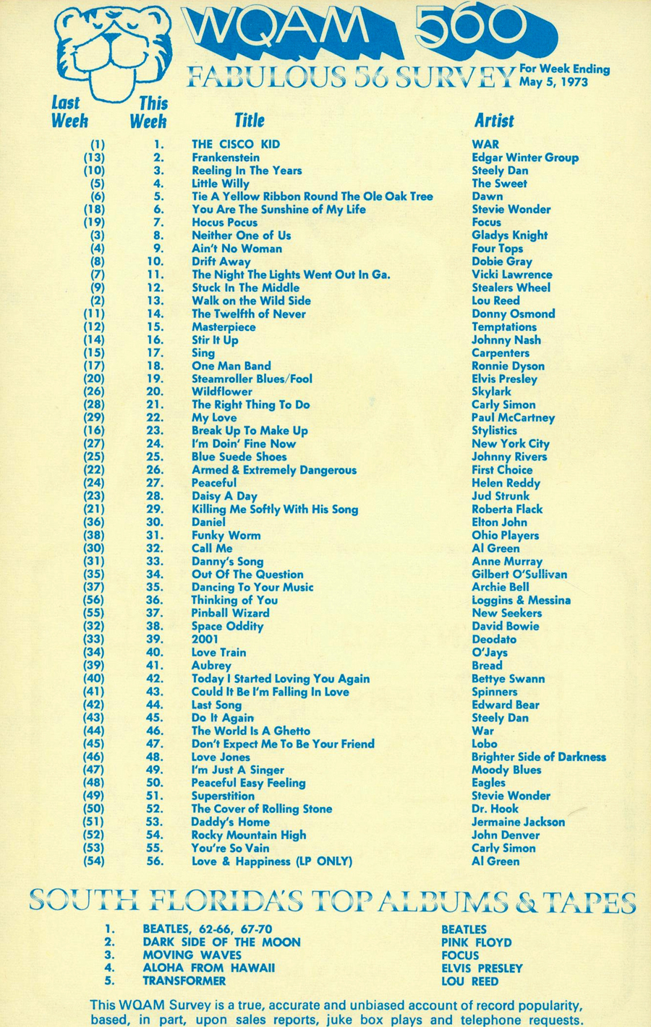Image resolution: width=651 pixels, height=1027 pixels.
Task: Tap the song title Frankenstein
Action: [225, 158]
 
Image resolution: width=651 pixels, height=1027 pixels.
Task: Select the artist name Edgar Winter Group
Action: [524, 158]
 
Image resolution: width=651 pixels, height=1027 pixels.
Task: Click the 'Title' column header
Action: [249, 121]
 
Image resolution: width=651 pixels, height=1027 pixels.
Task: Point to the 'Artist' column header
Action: [494, 121]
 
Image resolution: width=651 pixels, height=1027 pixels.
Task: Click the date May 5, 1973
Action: [553, 82]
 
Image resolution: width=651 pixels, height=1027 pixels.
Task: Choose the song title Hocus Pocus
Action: [224, 223]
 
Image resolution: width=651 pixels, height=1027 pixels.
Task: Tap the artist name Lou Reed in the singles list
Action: [495, 301]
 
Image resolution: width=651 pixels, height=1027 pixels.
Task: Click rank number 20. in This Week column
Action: [155, 392]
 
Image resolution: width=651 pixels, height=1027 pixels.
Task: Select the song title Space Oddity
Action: [227, 627]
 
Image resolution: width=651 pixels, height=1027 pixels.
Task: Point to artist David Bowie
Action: [505, 627]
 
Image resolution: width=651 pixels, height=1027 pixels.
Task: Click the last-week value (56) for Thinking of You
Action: [94, 601]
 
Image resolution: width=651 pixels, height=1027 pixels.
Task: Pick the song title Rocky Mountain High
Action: [248, 835]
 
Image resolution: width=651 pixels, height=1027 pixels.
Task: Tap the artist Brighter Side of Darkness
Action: [538, 757]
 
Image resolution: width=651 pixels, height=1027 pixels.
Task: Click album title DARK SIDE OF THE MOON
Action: [221, 942]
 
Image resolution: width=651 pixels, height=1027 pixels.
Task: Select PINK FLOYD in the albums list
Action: [476, 942]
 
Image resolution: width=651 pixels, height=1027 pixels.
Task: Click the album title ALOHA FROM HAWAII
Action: [208, 968]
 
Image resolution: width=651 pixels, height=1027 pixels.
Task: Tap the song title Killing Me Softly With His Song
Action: [274, 510]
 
